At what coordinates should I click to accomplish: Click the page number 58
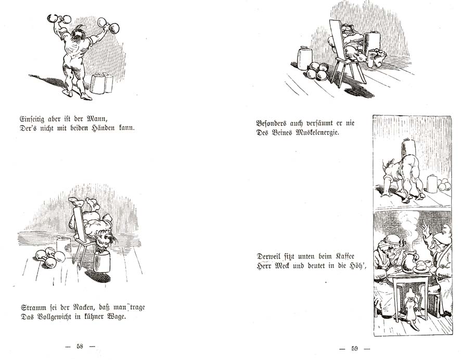(x=80, y=346)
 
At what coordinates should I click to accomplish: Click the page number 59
(x=354, y=349)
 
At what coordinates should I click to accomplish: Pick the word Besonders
(x=271, y=123)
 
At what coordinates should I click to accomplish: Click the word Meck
(x=283, y=266)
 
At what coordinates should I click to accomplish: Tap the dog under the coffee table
(x=411, y=307)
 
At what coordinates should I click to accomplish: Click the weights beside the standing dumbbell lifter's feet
(x=101, y=83)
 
